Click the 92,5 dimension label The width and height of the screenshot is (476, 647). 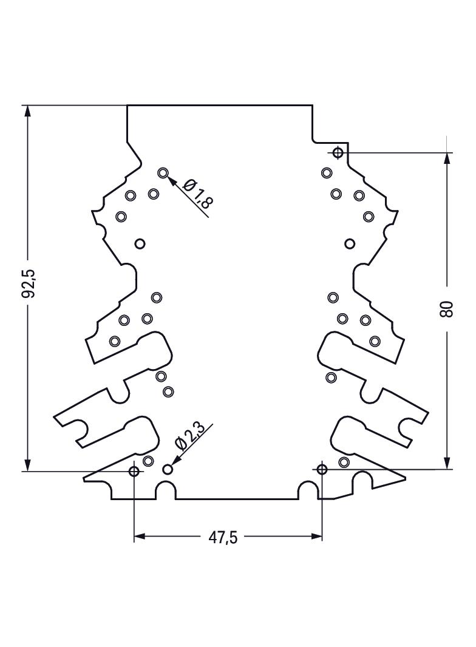30,283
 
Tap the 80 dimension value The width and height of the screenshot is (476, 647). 447,309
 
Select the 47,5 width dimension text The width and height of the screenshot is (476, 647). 223,537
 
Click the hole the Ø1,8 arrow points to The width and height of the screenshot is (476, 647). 163,173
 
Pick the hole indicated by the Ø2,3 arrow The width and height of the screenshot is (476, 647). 167,469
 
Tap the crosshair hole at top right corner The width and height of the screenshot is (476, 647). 338,153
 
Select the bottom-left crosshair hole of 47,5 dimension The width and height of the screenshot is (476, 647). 134,471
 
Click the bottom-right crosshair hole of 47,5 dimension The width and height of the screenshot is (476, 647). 322,469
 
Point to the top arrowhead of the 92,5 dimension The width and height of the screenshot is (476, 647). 27,112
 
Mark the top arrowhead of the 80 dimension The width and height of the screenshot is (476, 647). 447,160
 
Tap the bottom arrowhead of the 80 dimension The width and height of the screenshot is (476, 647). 447,462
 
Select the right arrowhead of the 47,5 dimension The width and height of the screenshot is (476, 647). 315,537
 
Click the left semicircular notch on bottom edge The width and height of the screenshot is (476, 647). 166,483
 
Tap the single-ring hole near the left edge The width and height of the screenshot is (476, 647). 140,244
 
